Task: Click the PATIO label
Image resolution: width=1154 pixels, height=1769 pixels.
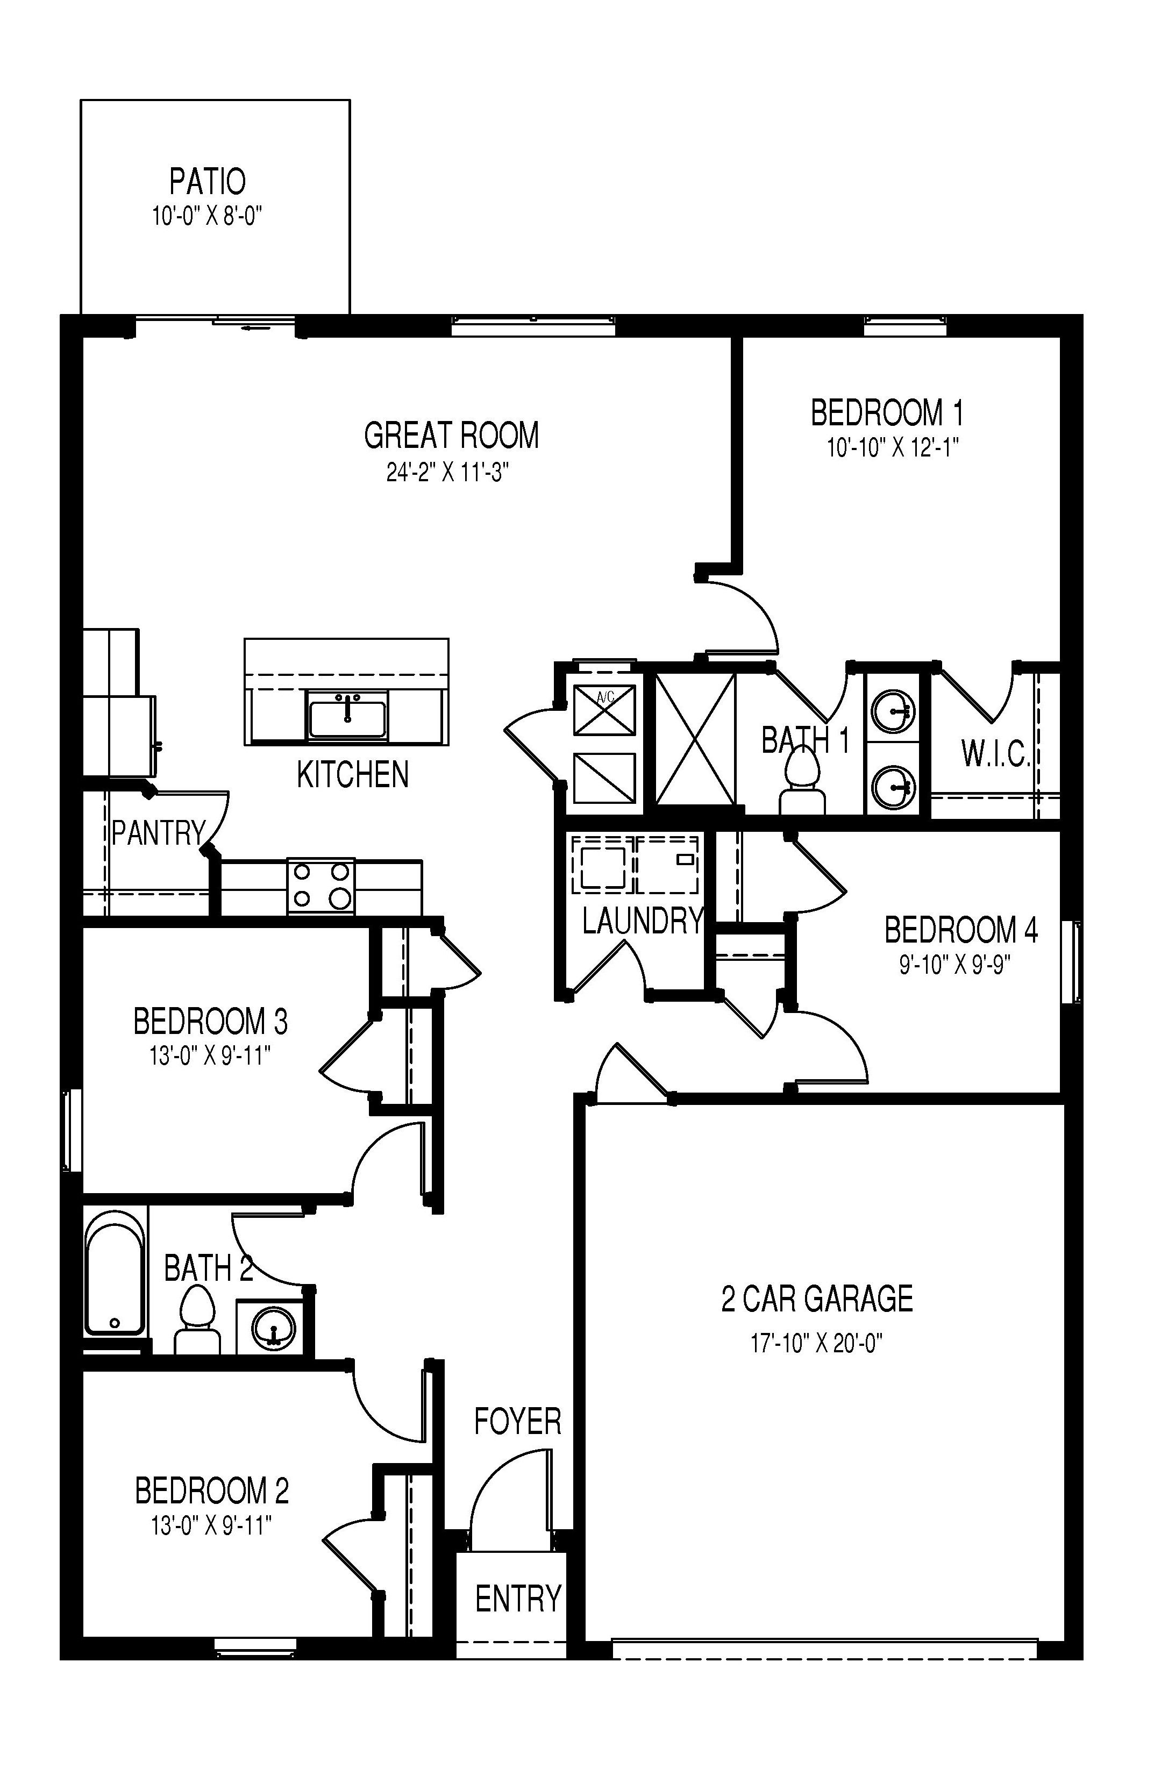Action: (x=208, y=181)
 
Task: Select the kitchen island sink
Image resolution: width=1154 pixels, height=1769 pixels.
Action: (x=347, y=715)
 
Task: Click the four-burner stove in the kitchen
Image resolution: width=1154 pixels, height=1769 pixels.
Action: (x=320, y=886)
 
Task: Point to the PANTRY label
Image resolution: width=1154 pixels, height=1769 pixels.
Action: (x=158, y=833)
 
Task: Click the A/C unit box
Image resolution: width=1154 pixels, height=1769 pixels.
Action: (x=604, y=709)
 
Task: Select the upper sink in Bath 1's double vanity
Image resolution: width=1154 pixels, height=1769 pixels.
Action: (x=892, y=712)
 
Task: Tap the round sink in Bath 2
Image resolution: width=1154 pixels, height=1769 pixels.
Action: (x=273, y=1328)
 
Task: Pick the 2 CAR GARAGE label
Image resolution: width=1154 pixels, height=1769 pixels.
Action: (x=816, y=1299)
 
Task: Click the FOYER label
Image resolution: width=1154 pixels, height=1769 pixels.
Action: (x=517, y=1421)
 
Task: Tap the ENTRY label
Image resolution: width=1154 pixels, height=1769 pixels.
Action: (x=517, y=1598)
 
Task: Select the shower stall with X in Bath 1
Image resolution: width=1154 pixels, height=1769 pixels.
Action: (x=694, y=739)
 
